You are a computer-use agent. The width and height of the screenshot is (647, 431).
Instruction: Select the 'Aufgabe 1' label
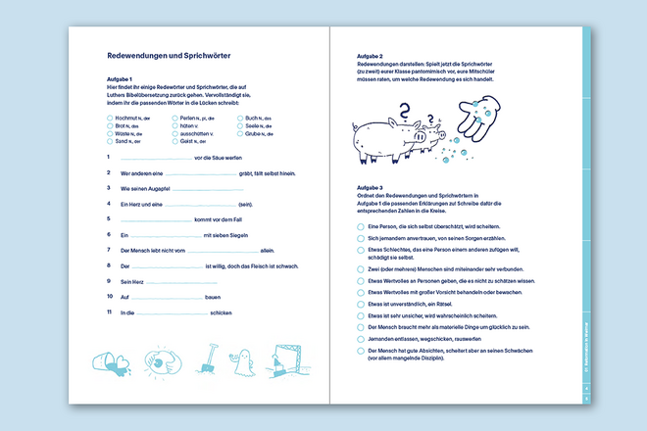119,79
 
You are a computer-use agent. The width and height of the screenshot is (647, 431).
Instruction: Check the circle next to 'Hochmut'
110,118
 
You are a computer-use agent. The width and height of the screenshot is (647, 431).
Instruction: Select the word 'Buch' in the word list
252,118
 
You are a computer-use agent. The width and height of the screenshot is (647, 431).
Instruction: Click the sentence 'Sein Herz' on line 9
132,281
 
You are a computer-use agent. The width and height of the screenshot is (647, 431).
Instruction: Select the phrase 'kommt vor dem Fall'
231,218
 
